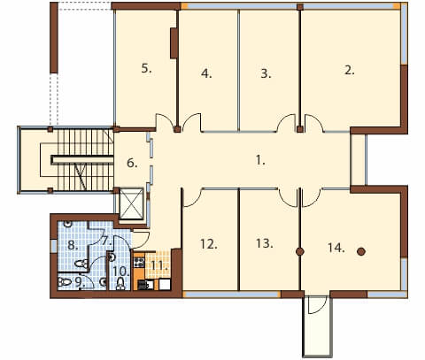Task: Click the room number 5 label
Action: click(x=146, y=69)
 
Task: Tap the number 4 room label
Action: click(x=206, y=73)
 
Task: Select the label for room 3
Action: click(x=266, y=73)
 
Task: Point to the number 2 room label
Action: click(x=349, y=71)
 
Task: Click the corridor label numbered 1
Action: click(x=260, y=160)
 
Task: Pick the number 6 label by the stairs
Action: click(x=132, y=163)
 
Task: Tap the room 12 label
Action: click(x=209, y=244)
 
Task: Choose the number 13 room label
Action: click(x=265, y=243)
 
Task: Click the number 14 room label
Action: click(x=336, y=248)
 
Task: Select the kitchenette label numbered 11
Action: click(x=159, y=265)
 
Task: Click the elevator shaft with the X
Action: click(x=131, y=203)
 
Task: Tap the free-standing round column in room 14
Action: click(x=361, y=251)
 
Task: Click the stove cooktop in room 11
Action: click(x=140, y=262)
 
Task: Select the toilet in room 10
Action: click(x=120, y=284)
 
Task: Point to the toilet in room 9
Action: click(x=65, y=282)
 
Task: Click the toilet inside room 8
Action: click(x=81, y=264)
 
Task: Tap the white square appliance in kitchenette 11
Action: click(x=165, y=284)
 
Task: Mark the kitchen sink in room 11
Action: click(x=146, y=285)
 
